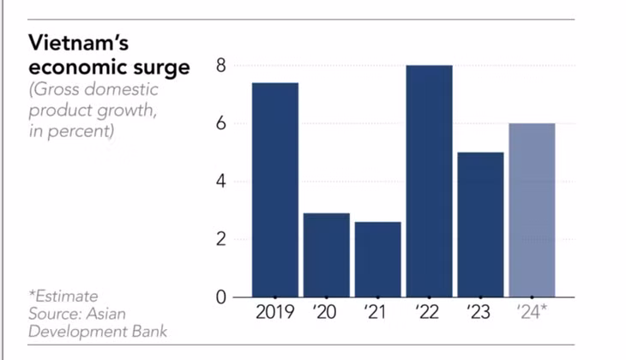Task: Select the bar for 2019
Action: [x=275, y=190]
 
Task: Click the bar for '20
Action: [x=327, y=255]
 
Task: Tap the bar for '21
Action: [x=378, y=260]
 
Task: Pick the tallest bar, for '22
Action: [x=429, y=181]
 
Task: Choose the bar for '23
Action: [x=481, y=225]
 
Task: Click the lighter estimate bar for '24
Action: [x=533, y=210]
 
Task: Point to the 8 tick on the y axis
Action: [x=221, y=65]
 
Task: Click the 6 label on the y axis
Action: [x=221, y=123]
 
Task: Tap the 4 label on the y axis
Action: [x=221, y=182]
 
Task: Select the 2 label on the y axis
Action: [x=221, y=239]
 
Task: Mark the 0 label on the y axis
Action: [x=221, y=297]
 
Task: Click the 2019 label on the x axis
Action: [x=275, y=312]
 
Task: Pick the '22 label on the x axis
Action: [x=427, y=312]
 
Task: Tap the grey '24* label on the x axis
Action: [x=532, y=312]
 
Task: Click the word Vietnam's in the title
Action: [x=79, y=42]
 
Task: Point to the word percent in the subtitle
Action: [x=81, y=131]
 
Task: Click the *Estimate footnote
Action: [x=63, y=296]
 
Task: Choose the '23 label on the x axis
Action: [x=479, y=312]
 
